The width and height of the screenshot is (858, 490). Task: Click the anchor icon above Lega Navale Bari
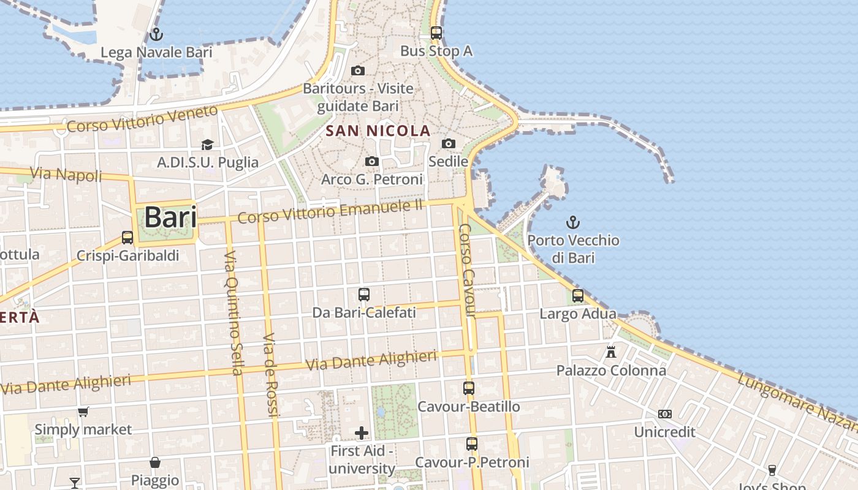156,34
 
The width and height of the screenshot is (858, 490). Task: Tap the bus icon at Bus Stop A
436,32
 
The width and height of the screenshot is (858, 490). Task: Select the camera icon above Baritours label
358,70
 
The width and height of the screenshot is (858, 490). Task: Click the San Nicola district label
378,130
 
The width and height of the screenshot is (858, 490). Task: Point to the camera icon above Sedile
449,143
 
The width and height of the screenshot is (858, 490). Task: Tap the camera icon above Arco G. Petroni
372,161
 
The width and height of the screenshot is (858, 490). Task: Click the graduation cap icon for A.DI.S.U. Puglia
208,145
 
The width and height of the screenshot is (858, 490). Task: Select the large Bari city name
170,217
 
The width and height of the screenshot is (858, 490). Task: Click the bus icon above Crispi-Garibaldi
127,237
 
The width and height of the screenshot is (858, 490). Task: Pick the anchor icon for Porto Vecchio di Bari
573,222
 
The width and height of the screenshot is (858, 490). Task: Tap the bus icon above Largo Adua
578,296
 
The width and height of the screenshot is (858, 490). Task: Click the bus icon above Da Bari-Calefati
364,294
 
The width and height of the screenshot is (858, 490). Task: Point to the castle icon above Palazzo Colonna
611,352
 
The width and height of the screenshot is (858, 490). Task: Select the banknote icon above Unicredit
665,414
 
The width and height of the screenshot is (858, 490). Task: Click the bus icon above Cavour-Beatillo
469,388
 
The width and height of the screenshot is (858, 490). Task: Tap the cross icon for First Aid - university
362,433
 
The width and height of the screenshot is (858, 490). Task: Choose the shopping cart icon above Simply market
83,412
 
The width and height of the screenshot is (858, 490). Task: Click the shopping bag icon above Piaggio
155,462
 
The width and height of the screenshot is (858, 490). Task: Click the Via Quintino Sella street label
233,312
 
